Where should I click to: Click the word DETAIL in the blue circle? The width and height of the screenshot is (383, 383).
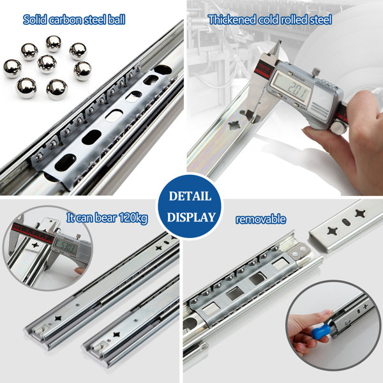click(190, 196)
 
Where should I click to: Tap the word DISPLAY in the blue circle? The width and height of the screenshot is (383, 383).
click(191, 217)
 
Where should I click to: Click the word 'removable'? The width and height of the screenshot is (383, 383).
click(260, 219)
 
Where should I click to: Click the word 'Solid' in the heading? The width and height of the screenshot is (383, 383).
click(34, 20)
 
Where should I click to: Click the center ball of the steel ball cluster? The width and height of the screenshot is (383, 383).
click(47, 64)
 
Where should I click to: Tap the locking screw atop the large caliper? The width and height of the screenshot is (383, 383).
click(315, 71)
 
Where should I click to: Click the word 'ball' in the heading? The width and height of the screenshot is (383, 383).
click(117, 20)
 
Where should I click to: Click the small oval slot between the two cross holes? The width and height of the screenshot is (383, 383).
click(346, 222)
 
